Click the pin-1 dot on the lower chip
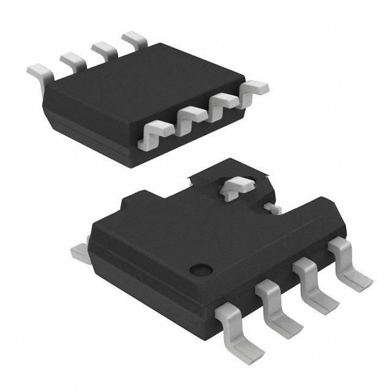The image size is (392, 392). pyautogui.click(x=200, y=268)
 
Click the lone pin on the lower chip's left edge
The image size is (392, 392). pyautogui.click(x=79, y=250)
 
